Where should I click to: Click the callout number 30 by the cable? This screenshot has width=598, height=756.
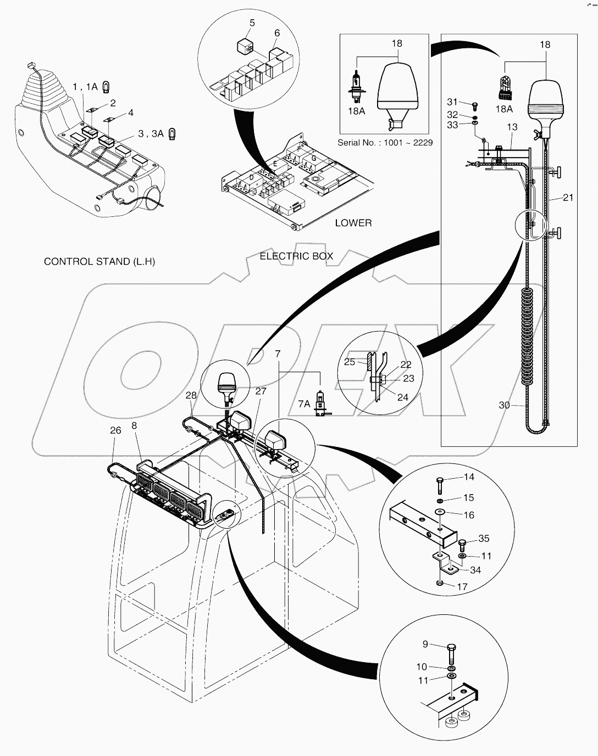[x=504, y=405]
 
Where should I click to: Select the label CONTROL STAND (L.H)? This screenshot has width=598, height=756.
[x=99, y=261]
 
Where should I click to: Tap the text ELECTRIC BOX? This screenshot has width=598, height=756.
[x=296, y=256]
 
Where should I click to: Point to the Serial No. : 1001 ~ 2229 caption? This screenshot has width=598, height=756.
[x=385, y=142]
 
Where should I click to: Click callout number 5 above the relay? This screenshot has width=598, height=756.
[x=252, y=23]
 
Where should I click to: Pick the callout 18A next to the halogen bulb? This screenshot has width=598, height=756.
[x=356, y=111]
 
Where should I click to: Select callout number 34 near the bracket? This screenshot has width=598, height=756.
[x=475, y=570]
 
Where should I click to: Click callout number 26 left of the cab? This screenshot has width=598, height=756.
[x=115, y=430]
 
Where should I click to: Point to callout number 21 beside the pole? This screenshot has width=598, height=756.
[x=568, y=197]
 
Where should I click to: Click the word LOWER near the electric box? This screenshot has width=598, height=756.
[x=353, y=223]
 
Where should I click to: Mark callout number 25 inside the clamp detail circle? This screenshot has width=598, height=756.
[x=350, y=362]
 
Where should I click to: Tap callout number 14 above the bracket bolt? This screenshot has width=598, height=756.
[x=468, y=477]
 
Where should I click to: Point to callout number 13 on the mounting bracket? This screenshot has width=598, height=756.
[x=512, y=127]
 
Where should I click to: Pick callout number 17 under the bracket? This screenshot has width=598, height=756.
[x=462, y=587]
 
